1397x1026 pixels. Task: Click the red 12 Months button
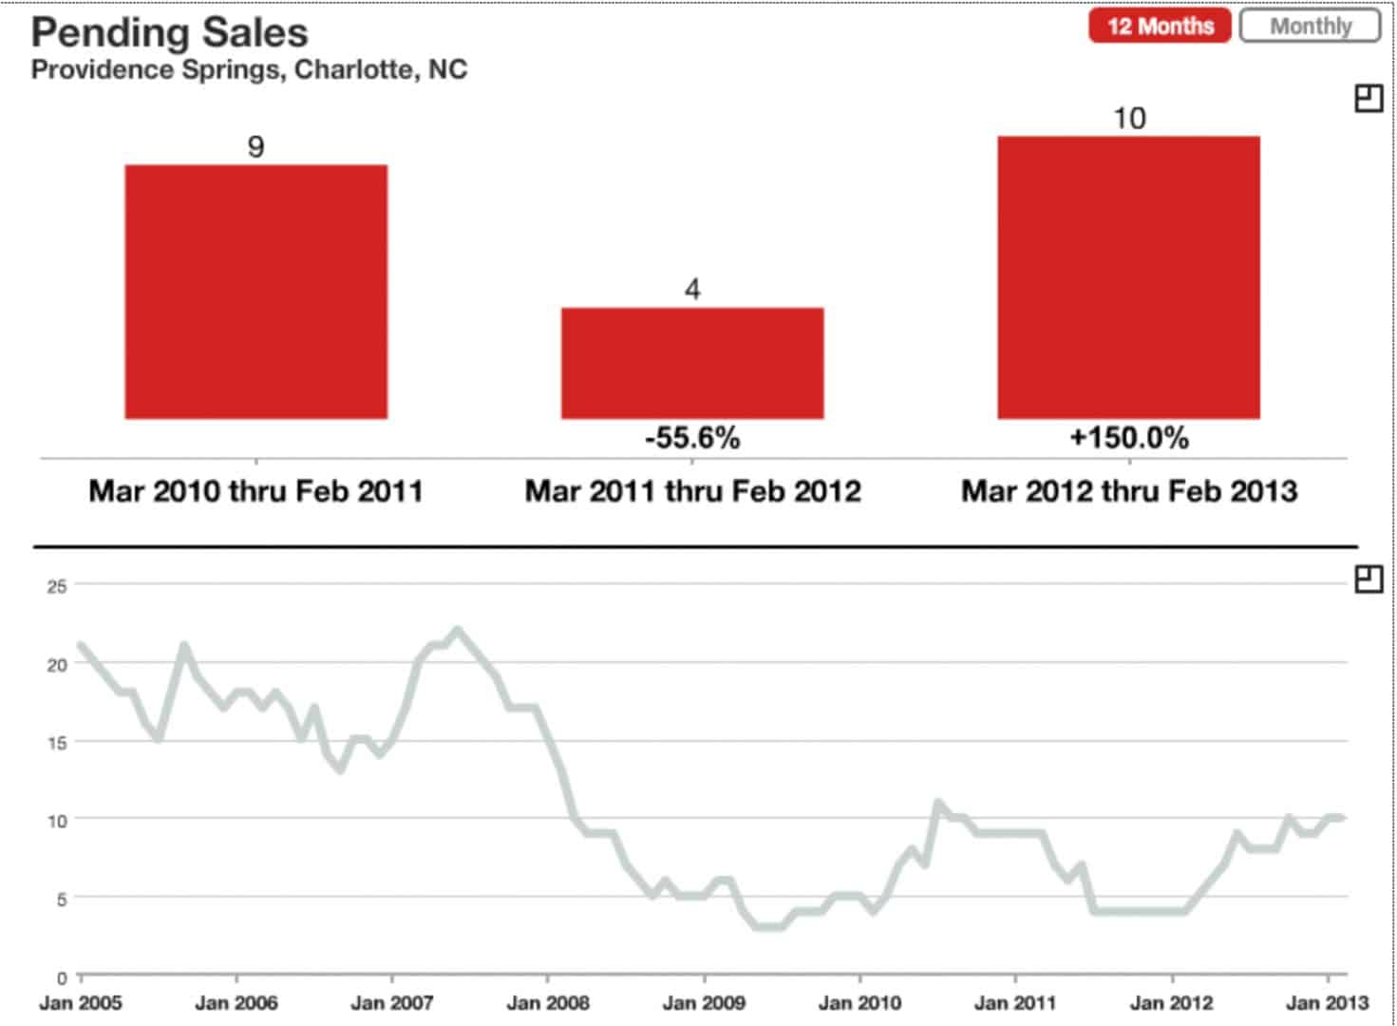click(1160, 26)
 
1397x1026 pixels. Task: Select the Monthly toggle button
click(1310, 26)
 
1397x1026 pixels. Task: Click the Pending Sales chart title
click(170, 32)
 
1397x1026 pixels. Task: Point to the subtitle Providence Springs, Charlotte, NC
click(249, 70)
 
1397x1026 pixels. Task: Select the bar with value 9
click(255, 292)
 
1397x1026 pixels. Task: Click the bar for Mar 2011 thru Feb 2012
click(692, 363)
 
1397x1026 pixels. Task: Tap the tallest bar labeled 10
click(1128, 277)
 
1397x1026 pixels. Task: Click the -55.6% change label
click(692, 438)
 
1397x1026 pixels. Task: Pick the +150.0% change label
click(1129, 438)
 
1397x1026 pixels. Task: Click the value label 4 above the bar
click(692, 289)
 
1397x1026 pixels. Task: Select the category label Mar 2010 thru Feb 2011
click(255, 491)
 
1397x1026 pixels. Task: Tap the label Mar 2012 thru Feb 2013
click(1129, 491)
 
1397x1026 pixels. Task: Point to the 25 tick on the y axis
click(57, 586)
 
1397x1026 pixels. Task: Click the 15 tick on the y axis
click(57, 743)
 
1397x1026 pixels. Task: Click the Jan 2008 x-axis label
click(548, 1002)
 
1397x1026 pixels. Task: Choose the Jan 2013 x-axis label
click(1327, 1002)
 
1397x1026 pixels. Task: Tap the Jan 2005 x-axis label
click(81, 1002)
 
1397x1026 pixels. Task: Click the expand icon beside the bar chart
click(1368, 99)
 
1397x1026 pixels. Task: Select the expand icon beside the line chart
click(1368, 579)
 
